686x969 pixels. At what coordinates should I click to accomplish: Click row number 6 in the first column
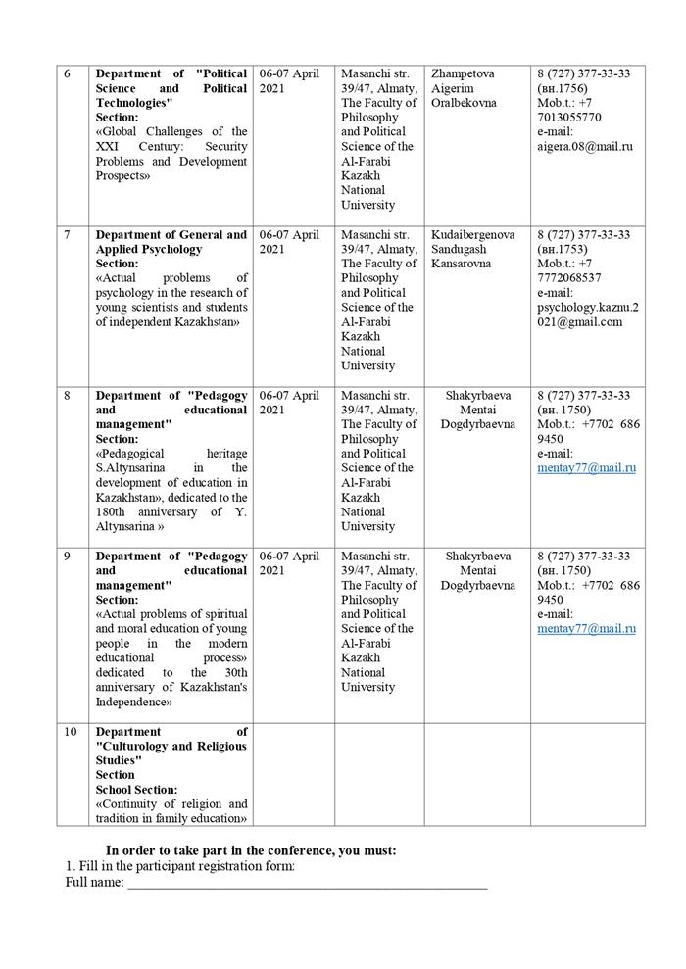pyautogui.click(x=67, y=73)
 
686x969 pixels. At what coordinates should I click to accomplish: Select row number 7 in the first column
pyautogui.click(x=67, y=235)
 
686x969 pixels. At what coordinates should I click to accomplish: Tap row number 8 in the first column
pyautogui.click(x=67, y=396)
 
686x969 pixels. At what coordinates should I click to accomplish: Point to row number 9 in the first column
pyautogui.click(x=67, y=557)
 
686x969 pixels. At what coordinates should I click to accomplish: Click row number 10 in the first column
pyautogui.click(x=69, y=732)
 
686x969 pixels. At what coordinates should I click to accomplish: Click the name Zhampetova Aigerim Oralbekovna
pyautogui.click(x=464, y=88)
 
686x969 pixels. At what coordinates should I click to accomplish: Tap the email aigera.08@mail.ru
pyautogui.click(x=585, y=146)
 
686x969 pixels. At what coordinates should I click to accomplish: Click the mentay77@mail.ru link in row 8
pyautogui.click(x=586, y=468)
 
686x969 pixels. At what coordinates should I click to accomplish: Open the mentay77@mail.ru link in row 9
pyautogui.click(x=586, y=629)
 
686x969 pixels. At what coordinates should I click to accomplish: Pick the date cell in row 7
pyautogui.click(x=289, y=242)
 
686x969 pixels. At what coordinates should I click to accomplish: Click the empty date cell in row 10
pyautogui.click(x=293, y=774)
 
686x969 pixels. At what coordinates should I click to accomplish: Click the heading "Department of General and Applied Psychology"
pyautogui.click(x=171, y=242)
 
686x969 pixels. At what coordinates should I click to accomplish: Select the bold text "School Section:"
pyautogui.click(x=136, y=790)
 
